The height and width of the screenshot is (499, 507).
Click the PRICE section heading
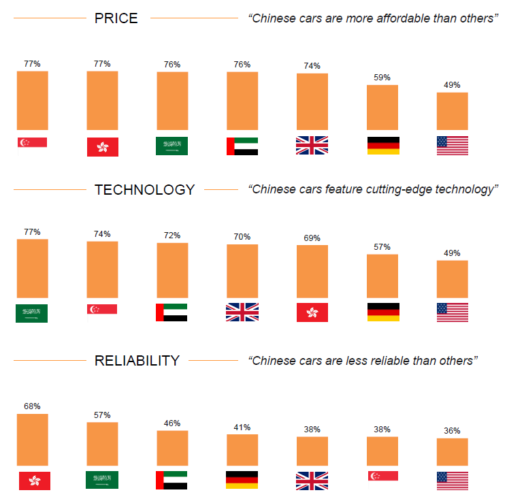(116, 18)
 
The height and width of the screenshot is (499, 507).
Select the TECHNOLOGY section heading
(144, 189)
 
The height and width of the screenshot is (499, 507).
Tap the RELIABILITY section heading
(137, 361)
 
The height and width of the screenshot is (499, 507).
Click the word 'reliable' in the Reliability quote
(391, 361)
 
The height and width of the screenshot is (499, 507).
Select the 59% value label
(382, 78)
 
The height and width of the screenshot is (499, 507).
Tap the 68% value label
(31, 406)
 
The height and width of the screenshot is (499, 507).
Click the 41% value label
(242, 428)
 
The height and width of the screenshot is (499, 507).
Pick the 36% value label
(452, 431)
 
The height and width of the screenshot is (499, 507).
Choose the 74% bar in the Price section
(312, 101)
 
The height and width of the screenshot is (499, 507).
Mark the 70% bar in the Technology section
(242, 271)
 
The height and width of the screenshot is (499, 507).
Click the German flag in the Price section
(383, 146)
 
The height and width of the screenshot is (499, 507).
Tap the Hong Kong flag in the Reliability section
(34, 481)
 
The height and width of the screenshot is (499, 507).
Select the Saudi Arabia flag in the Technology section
(31, 313)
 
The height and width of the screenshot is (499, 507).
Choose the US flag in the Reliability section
(452, 481)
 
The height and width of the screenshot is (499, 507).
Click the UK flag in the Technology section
(242, 312)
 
